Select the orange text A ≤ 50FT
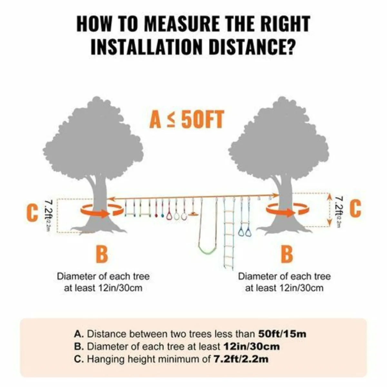point(186,120)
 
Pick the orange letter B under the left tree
point(102,254)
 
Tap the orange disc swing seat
point(193,213)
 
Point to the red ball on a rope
point(156,215)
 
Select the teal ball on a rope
point(162,215)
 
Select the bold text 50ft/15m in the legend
point(282,334)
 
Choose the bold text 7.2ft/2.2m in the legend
point(241,359)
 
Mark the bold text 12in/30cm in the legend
point(251,346)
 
